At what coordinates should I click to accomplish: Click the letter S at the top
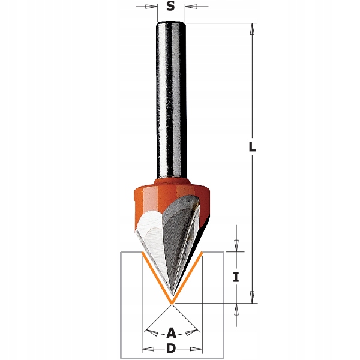(x=170, y=7)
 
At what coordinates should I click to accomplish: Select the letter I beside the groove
(x=236, y=277)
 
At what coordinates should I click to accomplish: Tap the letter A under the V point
(x=171, y=332)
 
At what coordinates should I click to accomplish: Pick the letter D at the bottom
(x=171, y=349)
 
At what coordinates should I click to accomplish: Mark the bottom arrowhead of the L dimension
(x=253, y=298)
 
